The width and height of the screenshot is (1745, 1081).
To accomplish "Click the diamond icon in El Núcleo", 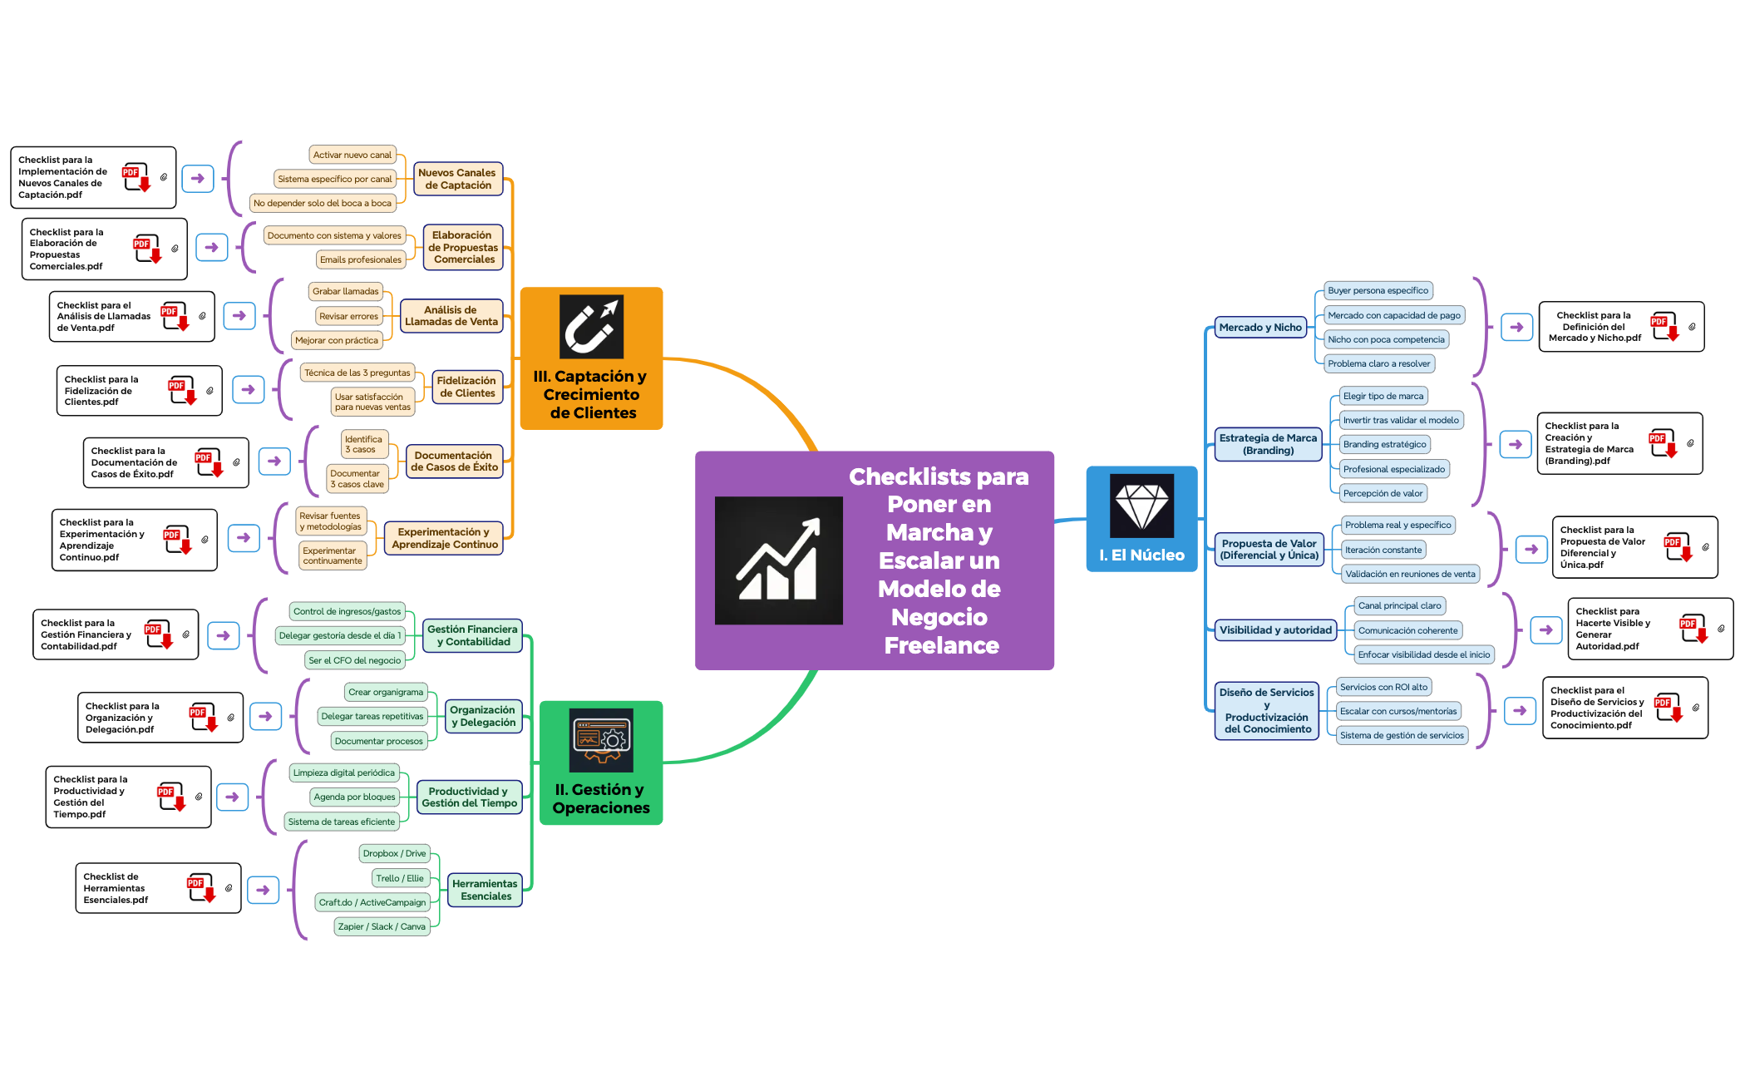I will pos(1141,506).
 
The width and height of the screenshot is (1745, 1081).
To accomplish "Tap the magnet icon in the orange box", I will pos(591,326).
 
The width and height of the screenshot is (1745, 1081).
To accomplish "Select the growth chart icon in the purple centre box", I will pos(778,560).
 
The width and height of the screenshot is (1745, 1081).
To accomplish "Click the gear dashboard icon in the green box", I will pos(601,739).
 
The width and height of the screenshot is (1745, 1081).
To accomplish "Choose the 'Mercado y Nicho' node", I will pos(1260,328).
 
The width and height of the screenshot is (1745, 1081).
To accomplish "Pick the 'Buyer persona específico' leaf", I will pos(1378,291).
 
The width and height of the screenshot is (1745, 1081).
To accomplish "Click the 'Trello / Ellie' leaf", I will pos(400,878).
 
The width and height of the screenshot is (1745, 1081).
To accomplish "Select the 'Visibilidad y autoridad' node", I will pos(1275,630).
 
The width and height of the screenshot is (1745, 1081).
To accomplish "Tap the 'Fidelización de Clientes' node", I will pos(466,387).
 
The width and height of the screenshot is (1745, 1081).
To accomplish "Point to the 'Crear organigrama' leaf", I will pos(386,692).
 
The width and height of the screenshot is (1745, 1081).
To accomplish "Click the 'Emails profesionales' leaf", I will pos(361,259).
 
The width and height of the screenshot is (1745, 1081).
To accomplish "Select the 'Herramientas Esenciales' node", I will pos(486,890).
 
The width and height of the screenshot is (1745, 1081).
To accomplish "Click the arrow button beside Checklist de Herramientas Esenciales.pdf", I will pos(263,890).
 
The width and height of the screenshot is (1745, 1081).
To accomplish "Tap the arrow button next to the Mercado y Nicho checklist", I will pos(1516,327).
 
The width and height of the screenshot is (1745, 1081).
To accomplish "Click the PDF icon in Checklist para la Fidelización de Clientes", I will pos(181,390).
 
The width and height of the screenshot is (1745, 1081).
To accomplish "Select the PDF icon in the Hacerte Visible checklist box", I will pos(1692,629).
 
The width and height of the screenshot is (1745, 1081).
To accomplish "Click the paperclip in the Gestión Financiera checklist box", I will pos(186,634).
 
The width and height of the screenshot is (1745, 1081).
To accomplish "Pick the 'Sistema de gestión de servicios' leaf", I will pos(1402,735).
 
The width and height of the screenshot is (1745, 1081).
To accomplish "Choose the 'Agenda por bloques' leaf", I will pos(354,797).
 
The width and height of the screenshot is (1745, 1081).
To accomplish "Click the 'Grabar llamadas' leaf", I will pos(345,291).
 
